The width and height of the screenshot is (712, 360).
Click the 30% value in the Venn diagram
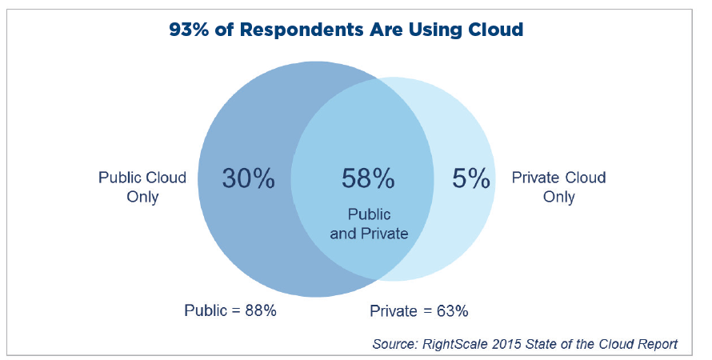248,179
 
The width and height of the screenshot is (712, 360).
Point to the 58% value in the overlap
368,179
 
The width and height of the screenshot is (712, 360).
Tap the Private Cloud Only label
558,187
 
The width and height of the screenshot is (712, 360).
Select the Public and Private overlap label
369,225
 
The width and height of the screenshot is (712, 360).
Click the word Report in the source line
657,345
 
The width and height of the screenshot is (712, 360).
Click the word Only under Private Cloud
558,198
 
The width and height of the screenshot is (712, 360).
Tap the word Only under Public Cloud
142,198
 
